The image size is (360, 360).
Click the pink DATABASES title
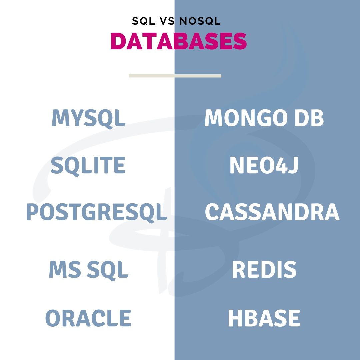pyautogui.click(x=178, y=41)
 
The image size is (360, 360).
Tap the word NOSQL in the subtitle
pyautogui.click(x=200, y=21)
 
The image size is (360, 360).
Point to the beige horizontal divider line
pyautogui.click(x=175, y=76)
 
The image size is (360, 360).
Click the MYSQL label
pyautogui.click(x=88, y=118)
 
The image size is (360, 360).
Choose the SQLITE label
pyautogui.click(x=88, y=165)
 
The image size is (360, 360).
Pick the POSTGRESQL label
pyautogui.click(x=96, y=212)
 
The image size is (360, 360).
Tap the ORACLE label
pyautogui.click(x=88, y=318)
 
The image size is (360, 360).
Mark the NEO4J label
pyautogui.click(x=263, y=165)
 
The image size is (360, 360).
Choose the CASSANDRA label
pyautogui.click(x=272, y=212)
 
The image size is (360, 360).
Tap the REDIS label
pyautogui.click(x=264, y=270)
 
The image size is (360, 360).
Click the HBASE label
pyautogui.click(x=264, y=318)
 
